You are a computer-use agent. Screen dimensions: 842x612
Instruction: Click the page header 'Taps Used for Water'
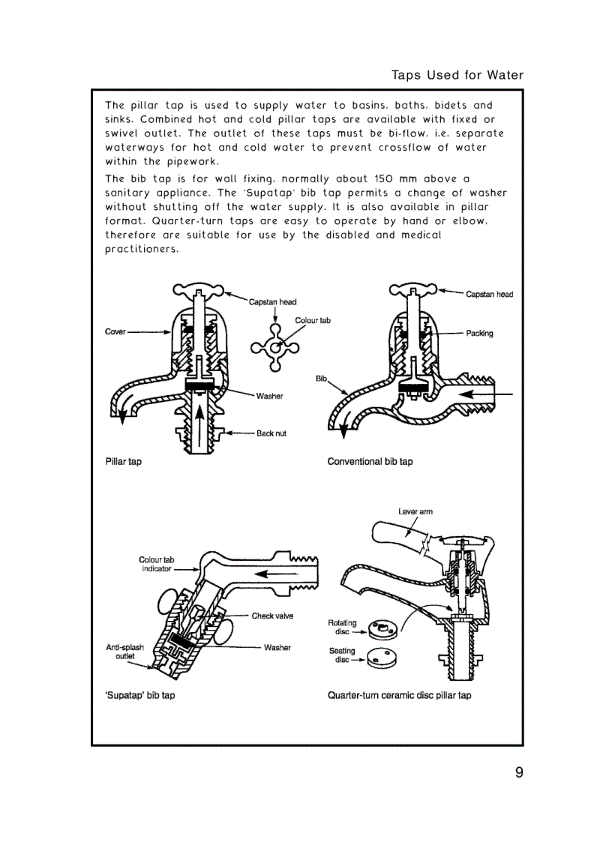(x=457, y=75)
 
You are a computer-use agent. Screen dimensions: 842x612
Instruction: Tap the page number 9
(x=518, y=773)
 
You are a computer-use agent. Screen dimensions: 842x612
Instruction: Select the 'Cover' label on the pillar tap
(x=115, y=331)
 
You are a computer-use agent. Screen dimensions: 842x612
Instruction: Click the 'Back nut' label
(x=271, y=433)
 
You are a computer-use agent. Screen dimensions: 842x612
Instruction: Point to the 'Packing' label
(x=479, y=333)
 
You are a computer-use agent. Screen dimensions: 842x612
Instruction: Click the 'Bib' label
(x=321, y=379)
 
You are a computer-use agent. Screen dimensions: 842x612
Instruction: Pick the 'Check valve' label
(x=272, y=616)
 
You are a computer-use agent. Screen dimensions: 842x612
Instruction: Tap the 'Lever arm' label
(x=415, y=511)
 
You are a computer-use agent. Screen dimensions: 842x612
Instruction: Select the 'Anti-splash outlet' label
(x=124, y=652)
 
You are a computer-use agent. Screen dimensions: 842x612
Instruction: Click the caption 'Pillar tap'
(x=123, y=461)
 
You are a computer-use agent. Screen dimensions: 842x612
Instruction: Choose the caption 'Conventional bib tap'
(x=370, y=461)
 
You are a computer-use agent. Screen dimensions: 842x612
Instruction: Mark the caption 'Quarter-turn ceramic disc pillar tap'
(x=399, y=695)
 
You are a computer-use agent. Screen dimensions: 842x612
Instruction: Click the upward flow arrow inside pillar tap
(x=199, y=420)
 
